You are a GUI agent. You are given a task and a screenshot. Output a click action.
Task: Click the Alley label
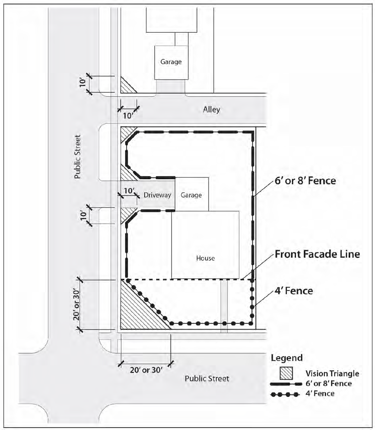[x=211, y=110]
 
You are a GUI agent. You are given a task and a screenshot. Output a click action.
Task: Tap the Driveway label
[x=157, y=195]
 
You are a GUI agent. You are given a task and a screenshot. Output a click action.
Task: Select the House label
[x=205, y=258]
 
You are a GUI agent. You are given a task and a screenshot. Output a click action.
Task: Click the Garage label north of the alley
[x=171, y=62]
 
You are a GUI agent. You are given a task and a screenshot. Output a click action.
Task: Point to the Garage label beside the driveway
[x=191, y=195]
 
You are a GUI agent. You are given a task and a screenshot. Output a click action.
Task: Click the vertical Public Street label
[x=77, y=157]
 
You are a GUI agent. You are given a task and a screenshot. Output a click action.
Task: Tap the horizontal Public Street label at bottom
[x=207, y=379]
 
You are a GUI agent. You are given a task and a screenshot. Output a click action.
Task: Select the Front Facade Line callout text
[x=317, y=254]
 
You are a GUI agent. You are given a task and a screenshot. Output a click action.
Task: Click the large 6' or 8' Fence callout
[x=305, y=181]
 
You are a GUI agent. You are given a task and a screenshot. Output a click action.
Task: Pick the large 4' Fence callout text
[x=294, y=291]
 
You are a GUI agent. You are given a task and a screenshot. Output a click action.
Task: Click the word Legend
[x=287, y=358]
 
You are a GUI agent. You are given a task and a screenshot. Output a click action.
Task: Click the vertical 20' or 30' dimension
[x=77, y=305]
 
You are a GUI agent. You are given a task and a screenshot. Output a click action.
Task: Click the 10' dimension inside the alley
[x=128, y=116]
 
